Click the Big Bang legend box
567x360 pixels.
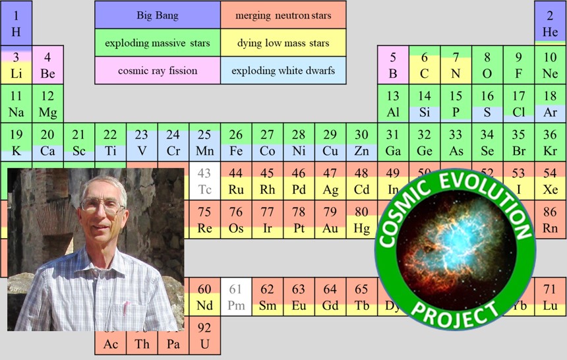[158, 15]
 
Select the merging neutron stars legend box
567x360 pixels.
[283, 15]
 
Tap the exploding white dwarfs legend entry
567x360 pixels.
[283, 70]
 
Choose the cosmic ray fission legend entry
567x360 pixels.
[158, 70]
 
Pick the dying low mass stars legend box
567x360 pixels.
[283, 43]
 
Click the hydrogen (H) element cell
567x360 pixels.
[16, 24]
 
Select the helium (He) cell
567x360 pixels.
[550, 24]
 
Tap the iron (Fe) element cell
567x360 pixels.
[236, 142]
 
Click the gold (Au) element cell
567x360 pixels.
[330, 220]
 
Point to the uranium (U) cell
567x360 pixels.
[204, 336]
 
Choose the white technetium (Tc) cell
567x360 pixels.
[204, 181]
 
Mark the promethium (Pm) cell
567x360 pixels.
[236, 297]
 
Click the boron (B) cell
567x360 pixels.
[393, 65]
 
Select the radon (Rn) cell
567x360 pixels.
[550, 220]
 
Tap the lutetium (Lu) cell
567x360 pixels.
[550, 297]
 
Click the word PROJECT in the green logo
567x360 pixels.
[456, 314]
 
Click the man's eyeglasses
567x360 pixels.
[102, 206]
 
